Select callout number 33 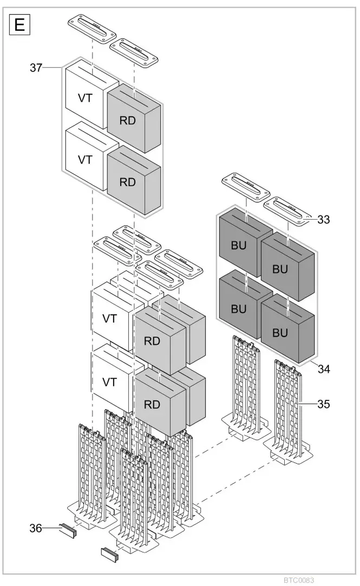tap(324, 220)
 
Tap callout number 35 tap(324, 404)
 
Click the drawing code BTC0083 tap(299, 579)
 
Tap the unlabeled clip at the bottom tap(110, 554)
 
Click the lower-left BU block tap(239, 310)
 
